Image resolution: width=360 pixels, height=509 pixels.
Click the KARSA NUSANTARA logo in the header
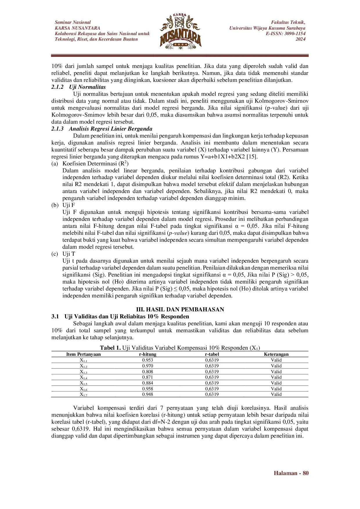180,31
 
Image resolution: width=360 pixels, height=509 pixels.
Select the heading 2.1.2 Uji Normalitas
79,87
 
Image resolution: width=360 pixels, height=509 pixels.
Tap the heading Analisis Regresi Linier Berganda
110,129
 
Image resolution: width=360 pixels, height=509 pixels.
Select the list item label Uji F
69,205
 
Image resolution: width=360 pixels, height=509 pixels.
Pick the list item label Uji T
69,254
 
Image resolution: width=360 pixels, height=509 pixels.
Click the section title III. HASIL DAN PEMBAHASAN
180,309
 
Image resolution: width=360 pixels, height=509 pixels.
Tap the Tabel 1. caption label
110,348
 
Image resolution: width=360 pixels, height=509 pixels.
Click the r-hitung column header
147,354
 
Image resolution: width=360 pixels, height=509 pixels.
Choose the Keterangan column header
276,354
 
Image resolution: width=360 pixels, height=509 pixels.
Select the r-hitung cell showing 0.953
147,360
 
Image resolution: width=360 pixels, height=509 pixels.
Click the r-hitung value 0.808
147,372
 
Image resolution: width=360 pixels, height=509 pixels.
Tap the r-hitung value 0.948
147,394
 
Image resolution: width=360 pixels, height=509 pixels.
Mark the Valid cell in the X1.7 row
276,394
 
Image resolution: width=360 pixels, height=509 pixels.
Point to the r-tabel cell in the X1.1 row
212,360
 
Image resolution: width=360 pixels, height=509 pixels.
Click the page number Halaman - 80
291,473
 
